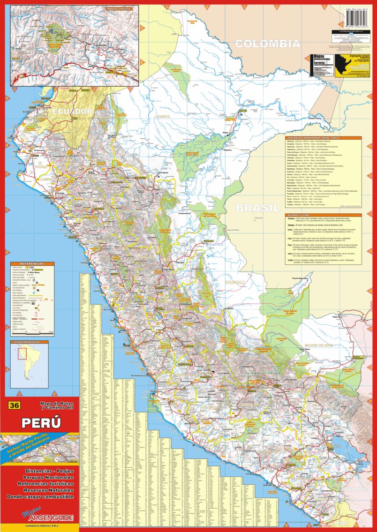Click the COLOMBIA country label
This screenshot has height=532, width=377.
click(x=267, y=44)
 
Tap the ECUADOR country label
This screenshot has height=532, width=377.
click(x=73, y=112)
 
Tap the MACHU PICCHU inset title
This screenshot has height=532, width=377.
click(x=118, y=8)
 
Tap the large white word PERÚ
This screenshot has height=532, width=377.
click(x=41, y=422)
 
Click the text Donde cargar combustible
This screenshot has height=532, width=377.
click(x=40, y=496)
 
